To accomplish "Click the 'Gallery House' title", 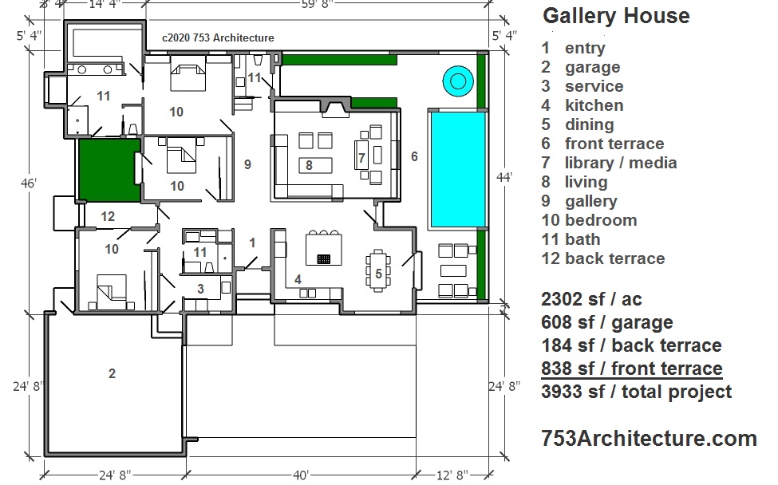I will coord(616,16).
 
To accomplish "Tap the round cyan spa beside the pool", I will coord(457,80).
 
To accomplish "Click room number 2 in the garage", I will coord(112,373).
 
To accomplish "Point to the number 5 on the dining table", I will coord(378,274).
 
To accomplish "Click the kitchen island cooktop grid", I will coord(323,258).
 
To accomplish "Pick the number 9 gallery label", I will coord(247,164).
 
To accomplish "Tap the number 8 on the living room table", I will coord(309,166).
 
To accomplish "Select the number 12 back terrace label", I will coord(108,216).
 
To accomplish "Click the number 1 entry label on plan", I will coord(252,242).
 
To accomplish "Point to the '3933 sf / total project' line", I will coord(636,392).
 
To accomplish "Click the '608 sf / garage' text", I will coord(606,322).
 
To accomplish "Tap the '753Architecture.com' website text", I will coord(649,438).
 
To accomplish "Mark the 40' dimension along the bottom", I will coord(300,475).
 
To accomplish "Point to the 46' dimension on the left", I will coord(29,183).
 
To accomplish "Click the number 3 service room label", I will coord(201,288).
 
